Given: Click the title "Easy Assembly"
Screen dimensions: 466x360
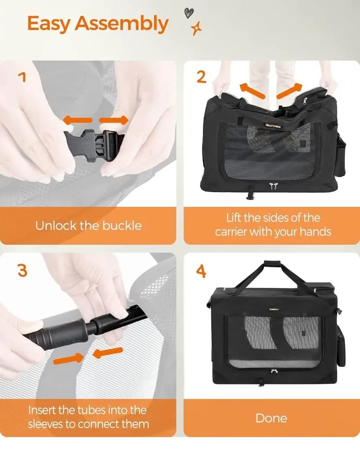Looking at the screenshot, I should [98, 24].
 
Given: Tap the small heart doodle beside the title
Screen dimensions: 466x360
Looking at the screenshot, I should [188, 13].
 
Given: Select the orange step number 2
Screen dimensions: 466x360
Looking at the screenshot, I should [201, 77].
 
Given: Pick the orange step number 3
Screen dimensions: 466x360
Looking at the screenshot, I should [22, 270].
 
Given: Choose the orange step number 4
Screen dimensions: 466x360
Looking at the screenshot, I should [201, 271].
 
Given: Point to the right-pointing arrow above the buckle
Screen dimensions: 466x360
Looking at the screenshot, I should [114, 120].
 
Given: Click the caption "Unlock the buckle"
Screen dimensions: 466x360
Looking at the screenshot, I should [88, 225].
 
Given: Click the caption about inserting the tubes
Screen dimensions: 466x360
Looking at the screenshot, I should [88, 417].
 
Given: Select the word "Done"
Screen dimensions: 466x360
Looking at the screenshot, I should [271, 418].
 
